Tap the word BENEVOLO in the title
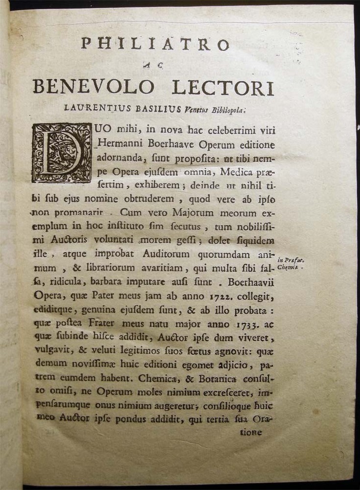(x=93, y=87)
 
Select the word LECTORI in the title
(x=223, y=87)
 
